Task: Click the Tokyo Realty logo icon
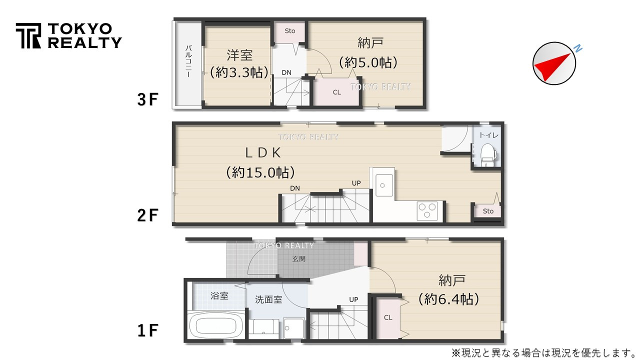[28, 35]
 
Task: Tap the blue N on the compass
[577, 48]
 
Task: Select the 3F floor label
[147, 100]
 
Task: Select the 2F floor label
[147, 215]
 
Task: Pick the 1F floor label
[147, 330]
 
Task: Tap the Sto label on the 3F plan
[290, 31]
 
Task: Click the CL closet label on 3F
[337, 92]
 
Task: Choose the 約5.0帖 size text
[368, 62]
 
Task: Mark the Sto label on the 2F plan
[488, 211]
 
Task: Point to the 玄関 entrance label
[299, 259]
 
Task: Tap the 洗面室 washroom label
[268, 299]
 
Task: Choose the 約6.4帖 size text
[448, 299]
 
